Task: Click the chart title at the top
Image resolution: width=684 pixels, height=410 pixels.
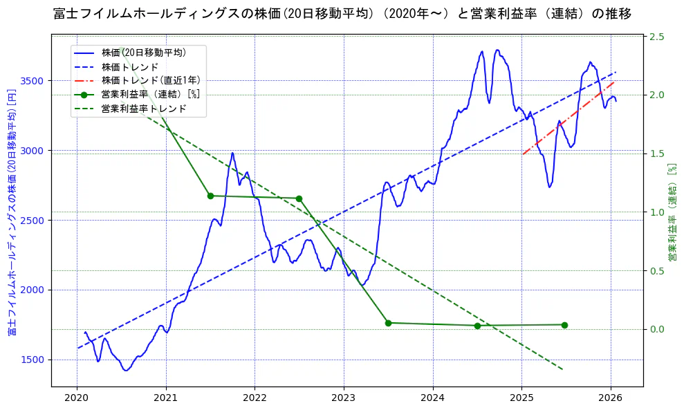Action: pos(342,13)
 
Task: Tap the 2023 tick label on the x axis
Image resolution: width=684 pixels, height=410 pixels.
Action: pos(344,399)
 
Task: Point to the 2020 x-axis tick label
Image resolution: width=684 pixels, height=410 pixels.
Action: pos(77,399)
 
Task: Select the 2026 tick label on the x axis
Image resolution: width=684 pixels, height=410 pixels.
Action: pos(611,399)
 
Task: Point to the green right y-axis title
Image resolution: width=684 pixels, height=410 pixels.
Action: pos(672,212)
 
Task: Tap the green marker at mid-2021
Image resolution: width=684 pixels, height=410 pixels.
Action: pos(210,196)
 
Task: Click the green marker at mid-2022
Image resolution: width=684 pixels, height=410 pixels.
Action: pos(299,198)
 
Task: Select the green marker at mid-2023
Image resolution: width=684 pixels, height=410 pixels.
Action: pos(388,323)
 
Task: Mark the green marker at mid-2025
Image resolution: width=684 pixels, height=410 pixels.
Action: pos(564,325)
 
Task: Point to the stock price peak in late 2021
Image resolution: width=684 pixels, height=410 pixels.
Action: pos(232,153)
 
